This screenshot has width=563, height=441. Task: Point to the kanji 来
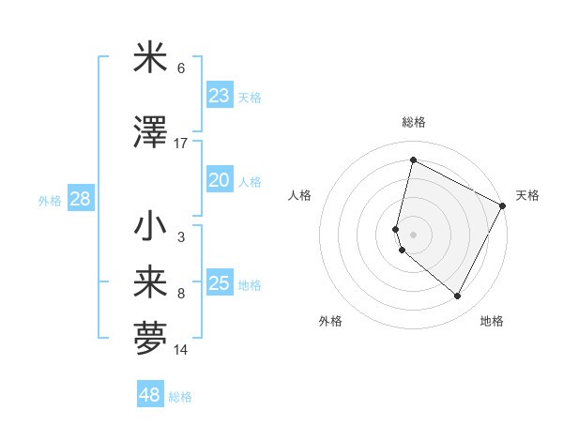coord(151,282)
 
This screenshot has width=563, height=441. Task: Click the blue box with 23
coord(220,96)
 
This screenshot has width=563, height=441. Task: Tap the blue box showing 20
coord(220,181)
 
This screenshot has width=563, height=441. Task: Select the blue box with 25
coord(220,284)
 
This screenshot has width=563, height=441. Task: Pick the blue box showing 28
coord(80,199)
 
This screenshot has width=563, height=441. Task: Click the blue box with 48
coord(150,395)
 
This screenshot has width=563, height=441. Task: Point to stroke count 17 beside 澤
coord(181,144)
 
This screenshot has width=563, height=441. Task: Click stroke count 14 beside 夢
coord(181,350)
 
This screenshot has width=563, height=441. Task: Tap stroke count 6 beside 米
coord(181,68)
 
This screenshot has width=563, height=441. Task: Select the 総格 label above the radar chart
coord(414,122)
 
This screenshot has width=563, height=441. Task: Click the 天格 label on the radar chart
coord(527,195)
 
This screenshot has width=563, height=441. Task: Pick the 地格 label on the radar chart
coord(492,321)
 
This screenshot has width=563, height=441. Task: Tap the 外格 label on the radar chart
coord(330,321)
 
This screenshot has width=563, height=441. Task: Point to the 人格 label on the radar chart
coord(300,195)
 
